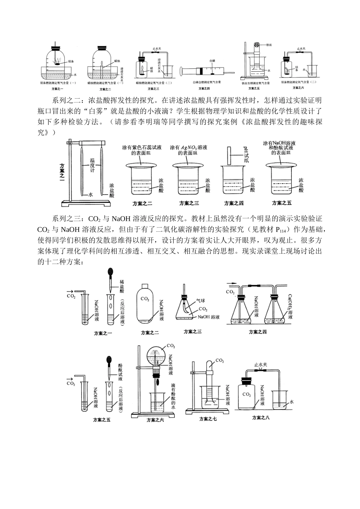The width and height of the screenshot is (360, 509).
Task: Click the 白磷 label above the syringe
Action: pos(211,61)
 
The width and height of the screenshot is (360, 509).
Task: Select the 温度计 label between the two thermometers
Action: pos(92,165)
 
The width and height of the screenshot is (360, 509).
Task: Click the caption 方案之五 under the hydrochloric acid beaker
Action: pos(282,203)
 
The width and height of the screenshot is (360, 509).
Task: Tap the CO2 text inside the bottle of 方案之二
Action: pos(144,299)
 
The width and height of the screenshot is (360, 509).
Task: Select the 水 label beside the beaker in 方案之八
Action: pos(291,401)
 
